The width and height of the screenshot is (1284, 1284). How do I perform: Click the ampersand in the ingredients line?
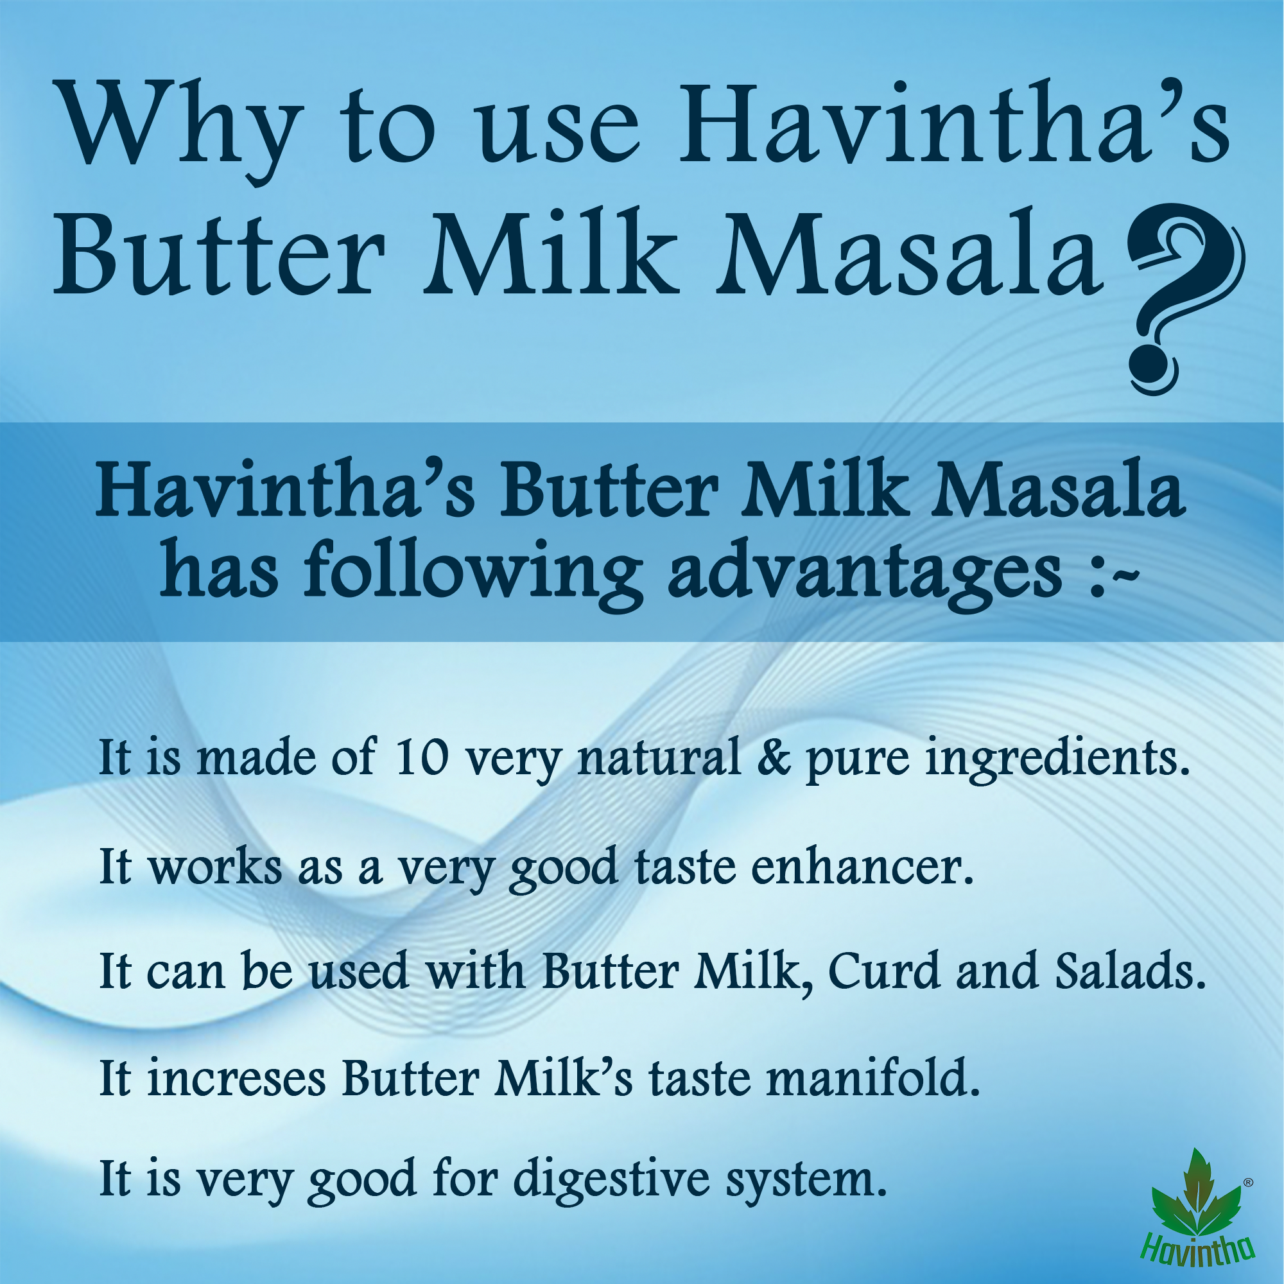tap(774, 758)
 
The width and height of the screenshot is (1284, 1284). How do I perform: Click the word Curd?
tap(883, 971)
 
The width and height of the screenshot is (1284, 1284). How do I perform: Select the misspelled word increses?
tap(237, 1078)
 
